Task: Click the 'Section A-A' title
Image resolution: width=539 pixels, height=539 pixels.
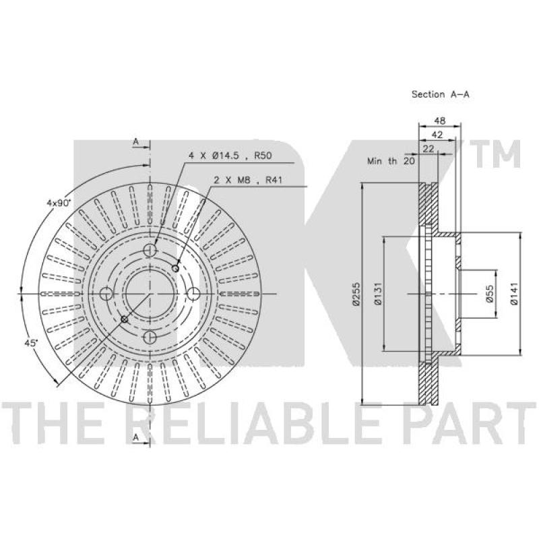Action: (x=440, y=95)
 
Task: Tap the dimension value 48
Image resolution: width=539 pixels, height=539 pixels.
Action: (x=439, y=121)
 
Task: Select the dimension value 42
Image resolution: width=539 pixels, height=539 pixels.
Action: (x=437, y=135)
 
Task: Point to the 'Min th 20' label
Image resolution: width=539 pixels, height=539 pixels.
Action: (x=390, y=162)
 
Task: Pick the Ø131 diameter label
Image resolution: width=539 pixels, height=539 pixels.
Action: (x=378, y=294)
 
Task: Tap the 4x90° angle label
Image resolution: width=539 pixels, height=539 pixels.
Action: (x=58, y=203)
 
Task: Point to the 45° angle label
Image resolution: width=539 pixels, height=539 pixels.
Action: (x=30, y=343)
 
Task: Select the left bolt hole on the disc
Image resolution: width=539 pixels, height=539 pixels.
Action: (x=106, y=294)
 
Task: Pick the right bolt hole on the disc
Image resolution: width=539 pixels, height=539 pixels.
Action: (x=193, y=294)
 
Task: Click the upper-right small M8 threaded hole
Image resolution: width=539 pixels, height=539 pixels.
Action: (x=176, y=269)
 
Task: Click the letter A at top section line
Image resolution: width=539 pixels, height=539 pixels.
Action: (x=135, y=141)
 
